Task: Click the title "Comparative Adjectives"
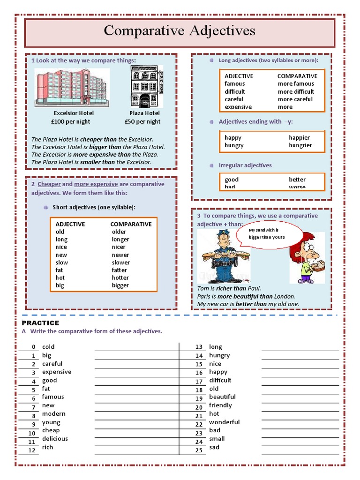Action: (x=180, y=31)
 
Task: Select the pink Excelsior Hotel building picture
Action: (x=71, y=87)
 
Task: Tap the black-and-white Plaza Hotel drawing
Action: (x=146, y=87)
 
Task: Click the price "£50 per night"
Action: (x=142, y=121)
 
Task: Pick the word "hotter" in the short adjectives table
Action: (x=120, y=277)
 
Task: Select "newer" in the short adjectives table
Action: (x=120, y=255)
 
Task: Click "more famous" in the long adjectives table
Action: (x=296, y=83)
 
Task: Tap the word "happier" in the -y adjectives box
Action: (x=299, y=137)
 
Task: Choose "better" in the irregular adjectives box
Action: (x=297, y=180)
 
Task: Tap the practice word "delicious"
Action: (x=55, y=439)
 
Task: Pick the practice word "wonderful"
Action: (x=224, y=422)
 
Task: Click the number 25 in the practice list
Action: (x=199, y=450)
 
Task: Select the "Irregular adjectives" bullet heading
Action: (x=245, y=165)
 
